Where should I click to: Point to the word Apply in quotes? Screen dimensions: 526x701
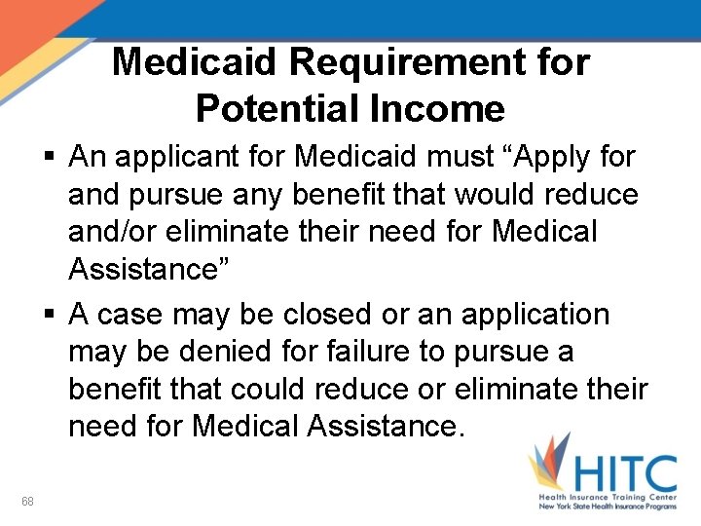(x=540, y=157)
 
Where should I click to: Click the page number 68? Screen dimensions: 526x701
(x=27, y=502)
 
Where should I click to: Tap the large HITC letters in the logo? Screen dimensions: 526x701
(x=623, y=473)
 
